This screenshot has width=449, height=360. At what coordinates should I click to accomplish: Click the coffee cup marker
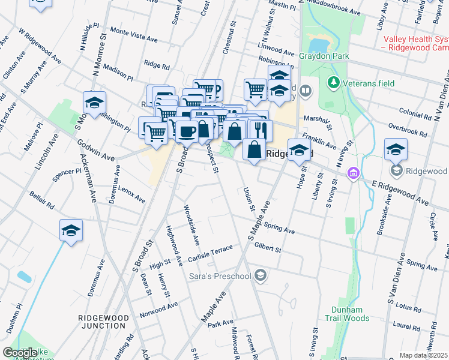(187, 131)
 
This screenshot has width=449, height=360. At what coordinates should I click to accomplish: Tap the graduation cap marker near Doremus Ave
(71, 230)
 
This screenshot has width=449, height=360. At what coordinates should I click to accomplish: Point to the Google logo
(20, 353)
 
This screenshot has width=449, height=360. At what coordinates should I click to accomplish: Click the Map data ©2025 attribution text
(423, 355)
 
